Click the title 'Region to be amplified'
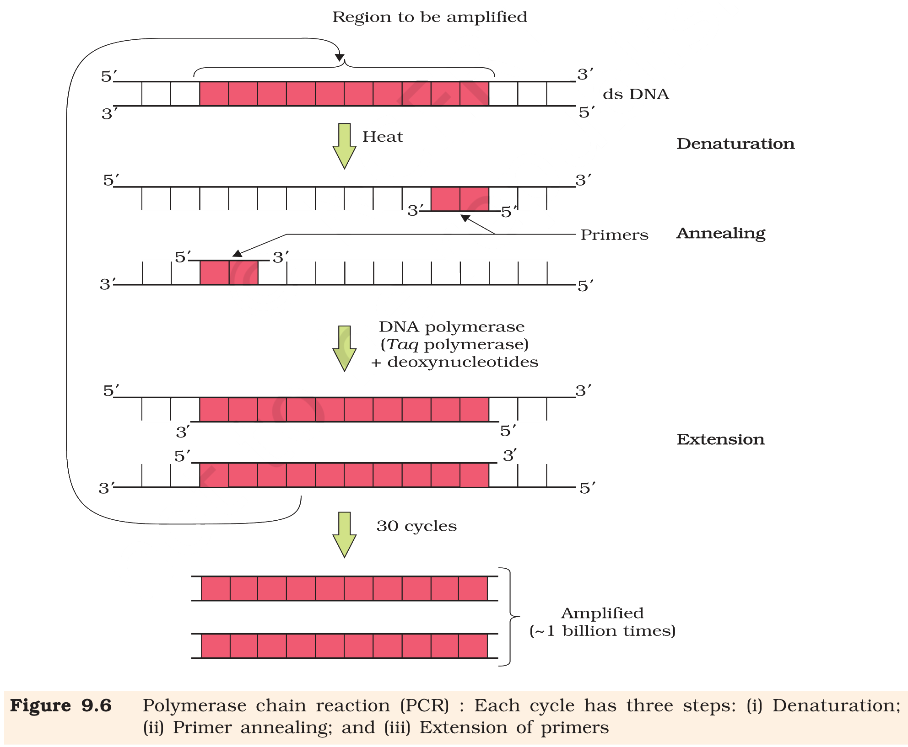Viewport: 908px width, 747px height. pos(430,17)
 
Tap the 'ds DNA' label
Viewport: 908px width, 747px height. pos(636,94)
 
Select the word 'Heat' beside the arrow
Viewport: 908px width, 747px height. pos(383,137)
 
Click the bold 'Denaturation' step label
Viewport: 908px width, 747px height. pos(735,144)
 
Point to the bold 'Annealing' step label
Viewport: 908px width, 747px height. pos(721,234)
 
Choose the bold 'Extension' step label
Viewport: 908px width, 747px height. pos(720,439)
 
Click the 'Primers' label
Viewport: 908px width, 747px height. pos(614,235)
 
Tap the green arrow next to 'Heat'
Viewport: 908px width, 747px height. pos(344,146)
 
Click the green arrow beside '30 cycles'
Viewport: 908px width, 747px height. pos(344,535)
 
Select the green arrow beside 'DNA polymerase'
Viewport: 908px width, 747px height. pos(344,349)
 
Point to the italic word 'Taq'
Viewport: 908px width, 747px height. pos(403,345)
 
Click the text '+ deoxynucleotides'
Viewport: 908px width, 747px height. pos(454,362)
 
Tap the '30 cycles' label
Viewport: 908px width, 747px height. pos(416,526)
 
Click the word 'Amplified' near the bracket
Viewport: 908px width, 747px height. pos(602,613)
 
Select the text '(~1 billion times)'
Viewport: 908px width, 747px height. pos(602,631)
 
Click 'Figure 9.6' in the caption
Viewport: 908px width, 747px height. pos(61,706)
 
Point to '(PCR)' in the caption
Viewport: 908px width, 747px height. pos(425,706)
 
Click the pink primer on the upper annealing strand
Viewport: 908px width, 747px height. pos(460,199)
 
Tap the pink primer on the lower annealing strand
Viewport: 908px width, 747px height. pos(229,272)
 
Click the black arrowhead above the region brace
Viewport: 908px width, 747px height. pos(340,57)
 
